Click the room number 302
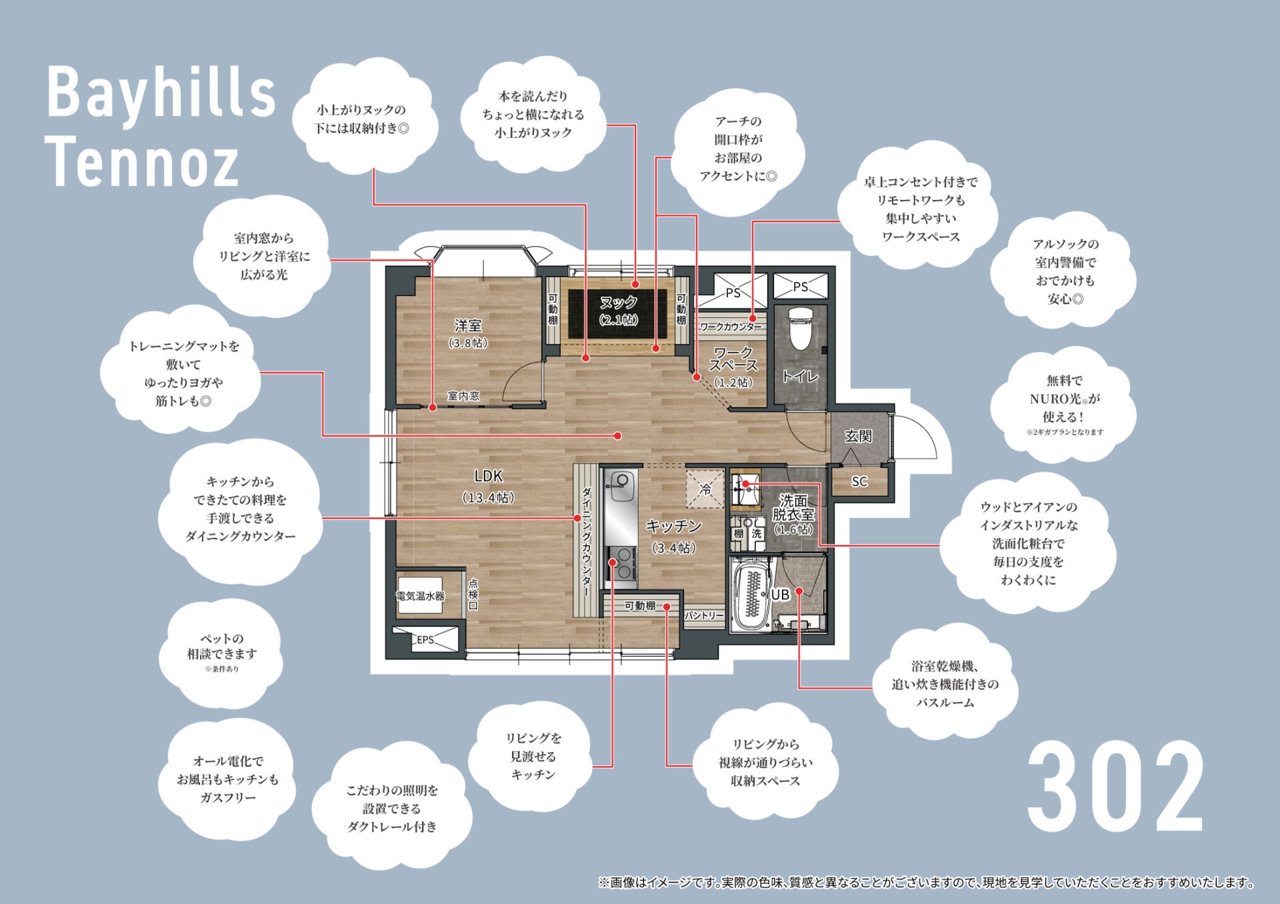(x=1116, y=786)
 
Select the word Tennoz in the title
(x=142, y=161)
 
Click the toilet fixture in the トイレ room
(x=798, y=328)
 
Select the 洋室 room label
(x=468, y=325)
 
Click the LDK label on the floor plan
(x=488, y=476)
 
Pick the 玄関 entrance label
(x=858, y=436)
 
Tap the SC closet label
(x=859, y=481)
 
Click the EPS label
(x=425, y=640)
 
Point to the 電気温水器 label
(x=421, y=596)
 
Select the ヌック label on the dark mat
(x=619, y=302)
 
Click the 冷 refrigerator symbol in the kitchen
(x=705, y=489)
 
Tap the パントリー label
(x=704, y=616)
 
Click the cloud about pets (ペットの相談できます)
(x=222, y=653)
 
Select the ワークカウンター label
(x=731, y=327)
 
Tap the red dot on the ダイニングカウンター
(x=578, y=518)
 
